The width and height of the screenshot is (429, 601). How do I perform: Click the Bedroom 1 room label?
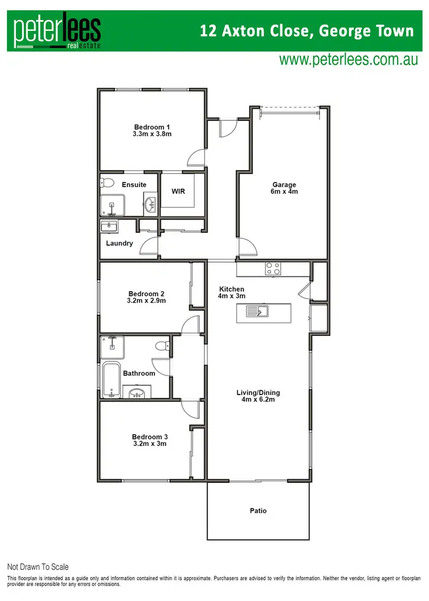point(152,131)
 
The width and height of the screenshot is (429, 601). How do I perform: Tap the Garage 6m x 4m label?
point(284,188)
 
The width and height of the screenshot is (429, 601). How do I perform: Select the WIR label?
point(178,191)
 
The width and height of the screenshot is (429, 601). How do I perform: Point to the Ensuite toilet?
point(106,183)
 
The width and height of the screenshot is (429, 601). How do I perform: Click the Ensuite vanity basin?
point(150,204)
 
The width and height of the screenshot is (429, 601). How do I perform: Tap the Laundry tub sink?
point(109,226)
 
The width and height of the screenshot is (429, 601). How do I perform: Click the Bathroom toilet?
point(162,345)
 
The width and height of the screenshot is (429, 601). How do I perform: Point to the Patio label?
point(258,511)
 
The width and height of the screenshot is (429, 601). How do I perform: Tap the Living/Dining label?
point(258,396)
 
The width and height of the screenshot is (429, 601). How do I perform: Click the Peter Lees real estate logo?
point(57,31)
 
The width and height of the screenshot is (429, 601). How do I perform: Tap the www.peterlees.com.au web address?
point(348,59)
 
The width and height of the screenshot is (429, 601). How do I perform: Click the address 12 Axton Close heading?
point(307,30)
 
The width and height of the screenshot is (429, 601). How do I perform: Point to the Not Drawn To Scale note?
point(38,567)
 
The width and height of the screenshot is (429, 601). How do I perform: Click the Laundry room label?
point(120,243)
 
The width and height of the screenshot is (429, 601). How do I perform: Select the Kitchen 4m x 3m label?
point(232,292)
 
